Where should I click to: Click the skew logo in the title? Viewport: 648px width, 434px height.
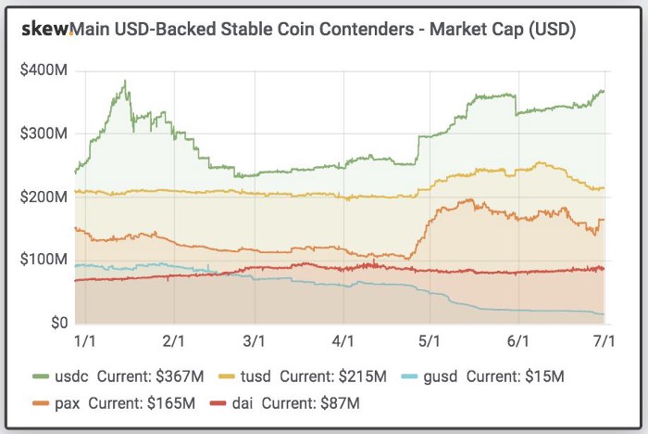(45, 30)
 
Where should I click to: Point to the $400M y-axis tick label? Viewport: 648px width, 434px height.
(44, 70)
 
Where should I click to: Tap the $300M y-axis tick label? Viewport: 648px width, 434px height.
(44, 134)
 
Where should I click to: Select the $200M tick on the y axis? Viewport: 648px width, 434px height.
(44, 197)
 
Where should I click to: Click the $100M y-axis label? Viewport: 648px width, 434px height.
(44, 260)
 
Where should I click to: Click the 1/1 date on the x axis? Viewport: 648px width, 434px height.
(84, 341)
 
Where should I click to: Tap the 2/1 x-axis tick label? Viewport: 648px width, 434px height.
(173, 341)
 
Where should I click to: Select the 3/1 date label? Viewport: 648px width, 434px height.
(256, 341)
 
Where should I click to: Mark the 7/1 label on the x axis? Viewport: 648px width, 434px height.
(603, 341)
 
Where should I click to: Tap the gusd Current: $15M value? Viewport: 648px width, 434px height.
(517, 377)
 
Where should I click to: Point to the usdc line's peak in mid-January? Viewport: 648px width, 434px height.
(124, 82)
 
